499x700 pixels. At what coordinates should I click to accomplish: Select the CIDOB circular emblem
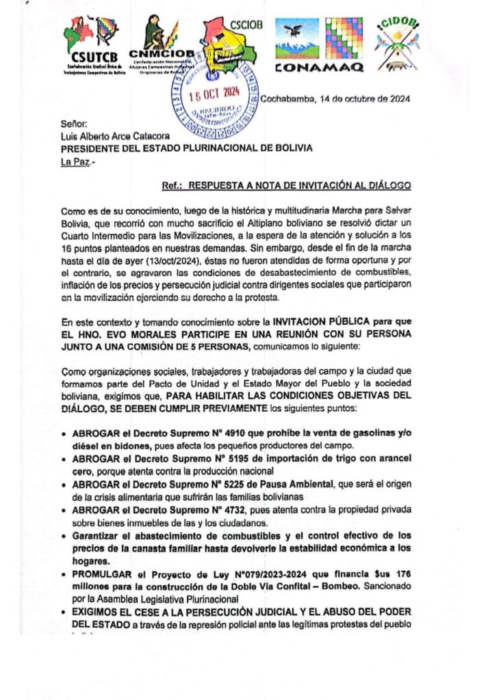click(397, 42)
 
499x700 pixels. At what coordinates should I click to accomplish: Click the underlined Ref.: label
click(172, 185)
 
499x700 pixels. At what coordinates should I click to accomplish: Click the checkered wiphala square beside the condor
click(344, 38)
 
